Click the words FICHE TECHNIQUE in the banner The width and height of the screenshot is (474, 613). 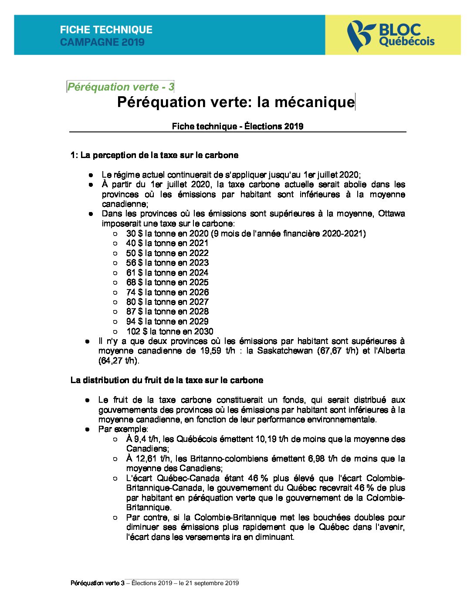pyautogui.click(x=106, y=30)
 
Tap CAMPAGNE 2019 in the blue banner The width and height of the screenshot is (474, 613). pyautogui.click(x=102, y=42)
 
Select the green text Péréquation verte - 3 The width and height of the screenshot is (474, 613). pyautogui.click(x=120, y=87)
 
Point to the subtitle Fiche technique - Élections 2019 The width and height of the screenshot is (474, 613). pyautogui.click(x=237, y=126)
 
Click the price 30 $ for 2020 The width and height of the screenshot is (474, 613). pyautogui.click(x=134, y=233)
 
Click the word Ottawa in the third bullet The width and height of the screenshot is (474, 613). pyautogui.click(x=391, y=214)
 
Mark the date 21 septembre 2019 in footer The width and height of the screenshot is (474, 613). pyautogui.click(x=212, y=583)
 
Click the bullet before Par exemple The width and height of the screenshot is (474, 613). pyautogui.click(x=88, y=429)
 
